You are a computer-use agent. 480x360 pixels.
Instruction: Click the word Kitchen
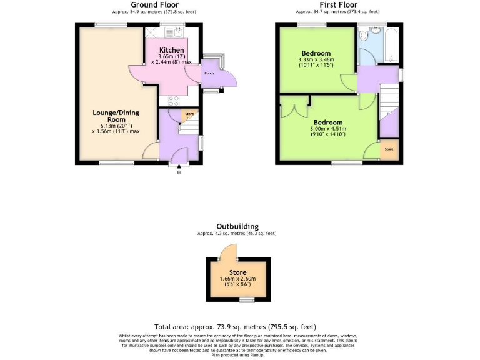(x=171, y=50)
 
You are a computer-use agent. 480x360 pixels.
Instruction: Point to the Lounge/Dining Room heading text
(x=116, y=116)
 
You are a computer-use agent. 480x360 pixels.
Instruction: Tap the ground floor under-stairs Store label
(x=189, y=114)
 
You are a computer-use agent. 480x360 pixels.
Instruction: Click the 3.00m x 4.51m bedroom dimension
(x=328, y=130)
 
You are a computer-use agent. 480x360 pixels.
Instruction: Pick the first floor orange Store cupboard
(x=389, y=149)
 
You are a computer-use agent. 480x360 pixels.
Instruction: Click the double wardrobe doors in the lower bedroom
(x=294, y=108)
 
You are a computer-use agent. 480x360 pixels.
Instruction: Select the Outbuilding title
(x=237, y=226)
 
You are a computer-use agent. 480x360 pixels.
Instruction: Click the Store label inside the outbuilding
(x=237, y=272)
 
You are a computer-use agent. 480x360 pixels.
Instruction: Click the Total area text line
(x=235, y=327)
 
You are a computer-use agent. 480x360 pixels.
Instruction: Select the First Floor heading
(x=338, y=4)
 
